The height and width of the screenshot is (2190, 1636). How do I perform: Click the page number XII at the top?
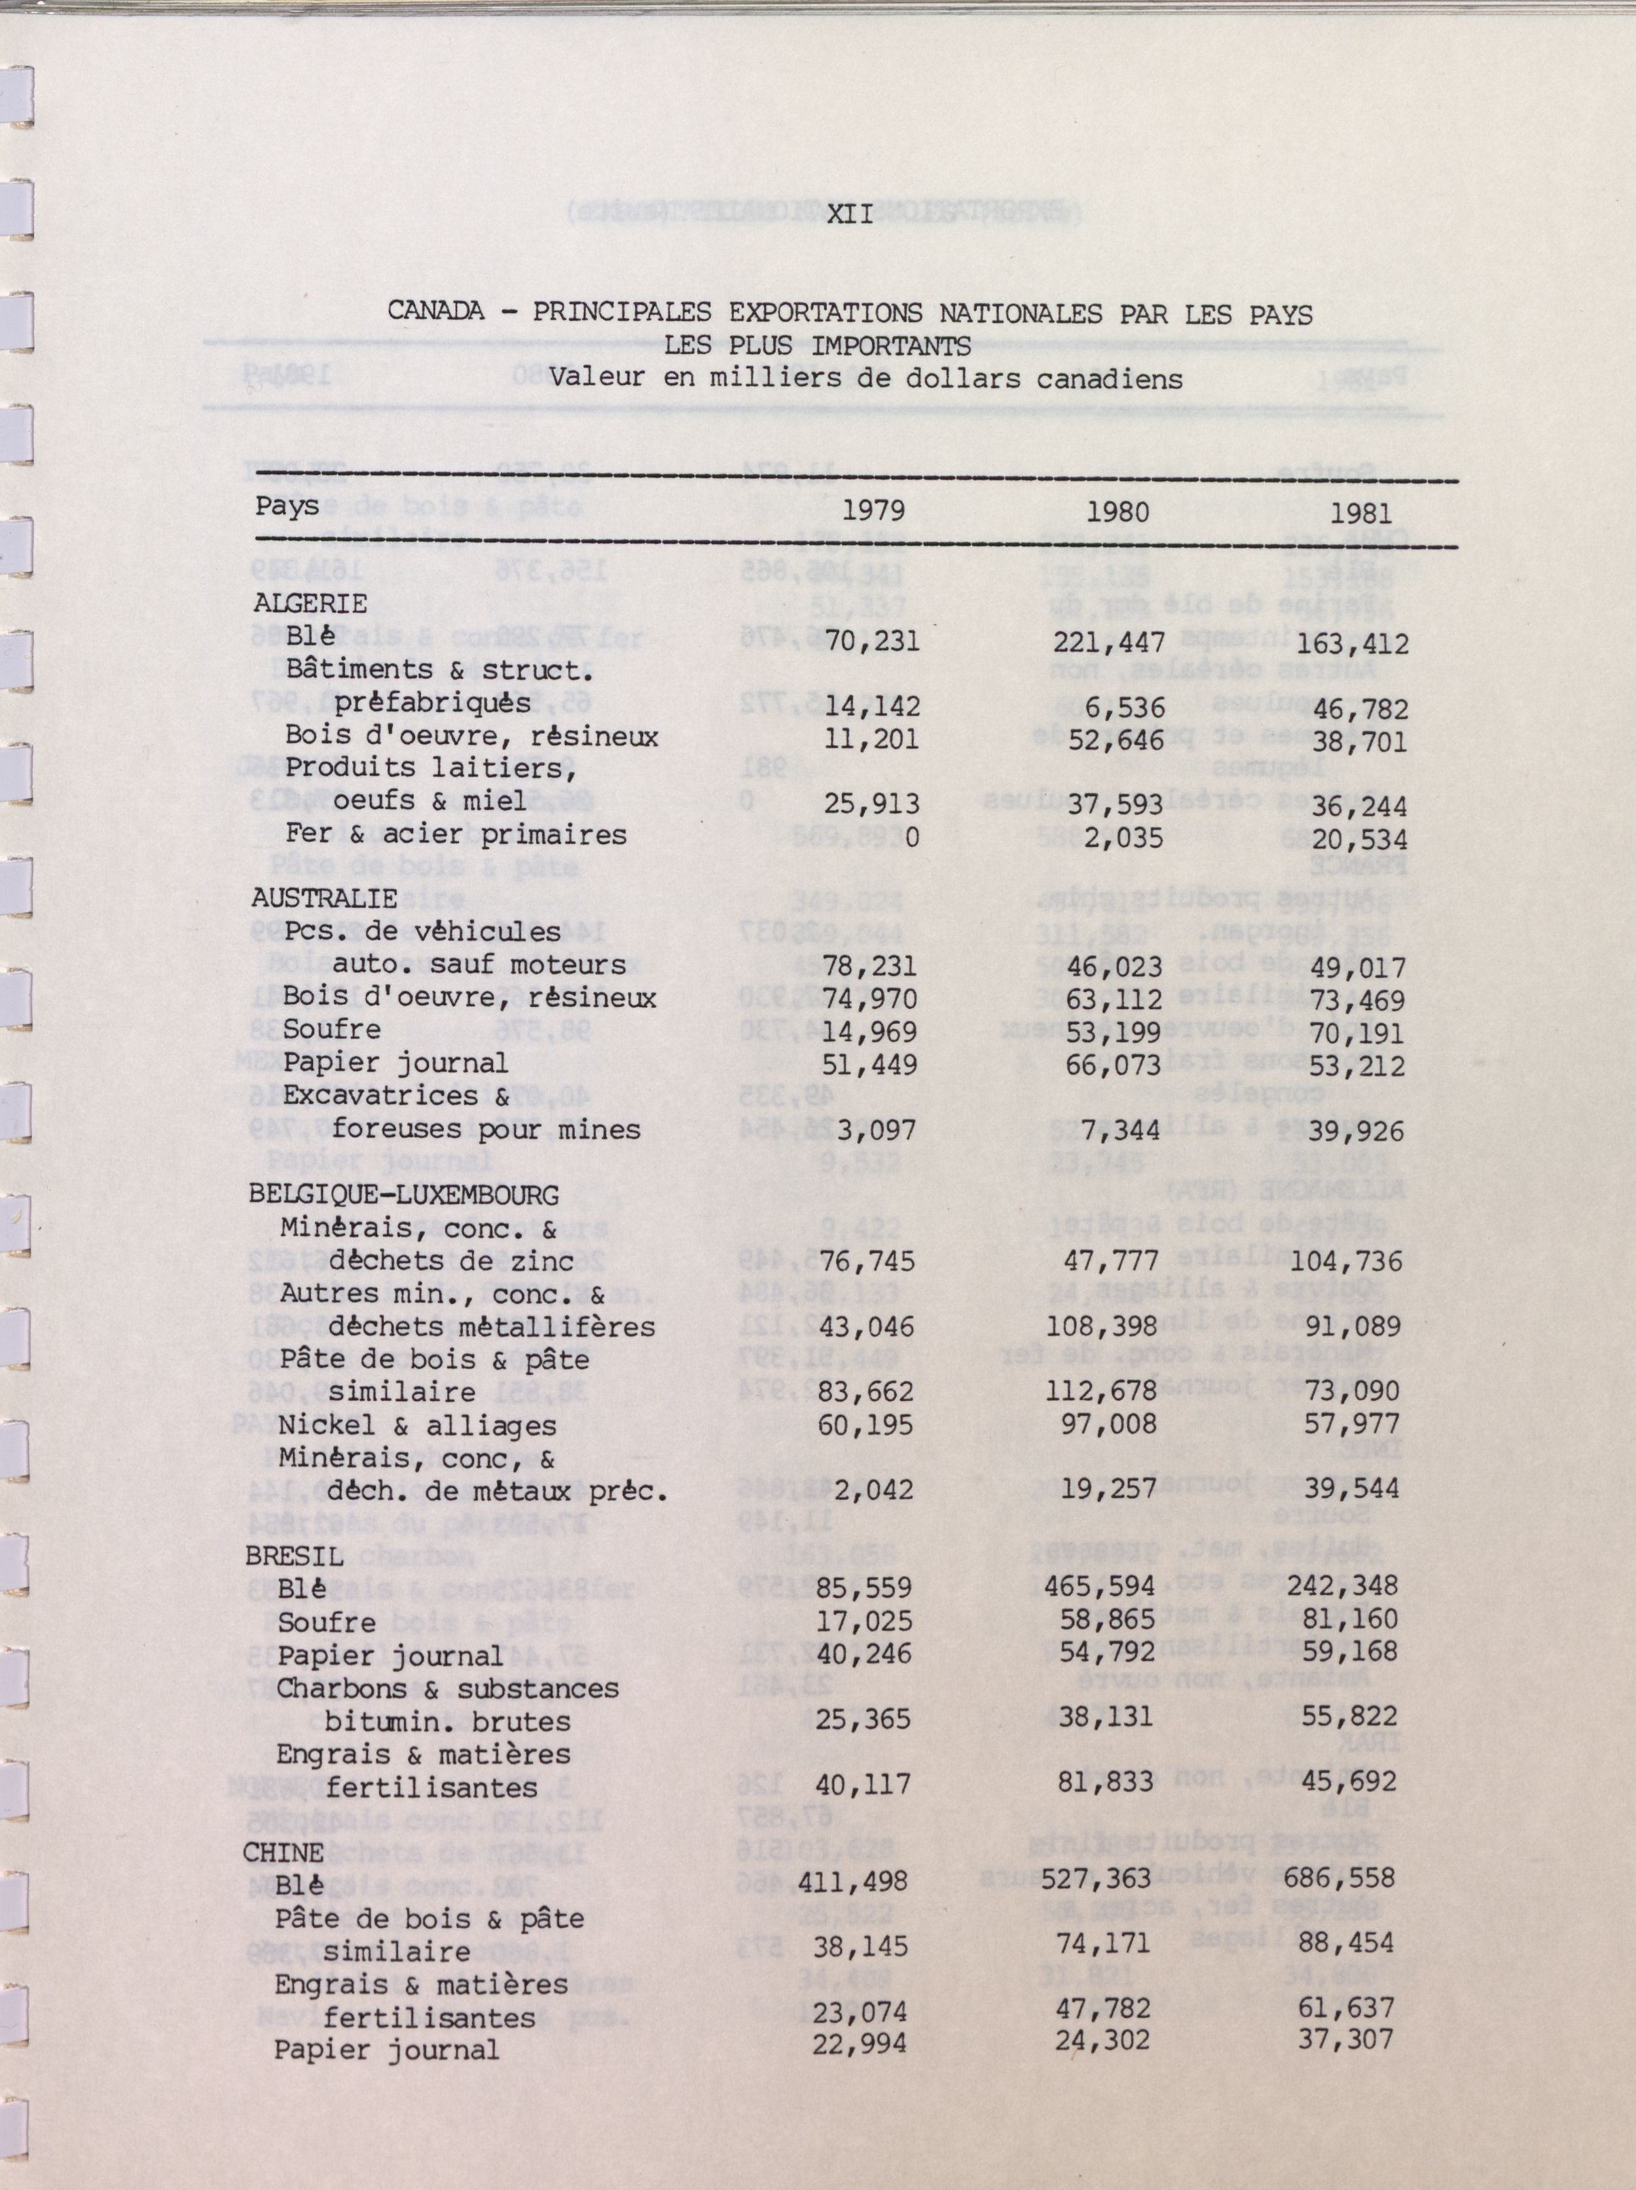850,214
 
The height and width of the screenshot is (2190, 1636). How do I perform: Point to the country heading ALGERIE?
310,603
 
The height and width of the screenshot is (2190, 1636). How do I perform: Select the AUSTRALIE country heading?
325,898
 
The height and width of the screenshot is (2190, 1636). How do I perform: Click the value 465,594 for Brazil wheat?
1100,1587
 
